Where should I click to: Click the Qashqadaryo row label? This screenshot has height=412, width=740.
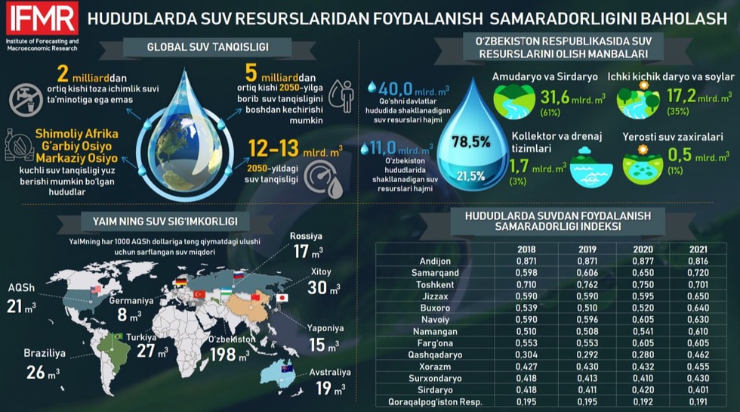click(431, 354)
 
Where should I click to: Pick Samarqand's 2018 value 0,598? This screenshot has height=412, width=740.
click(521, 272)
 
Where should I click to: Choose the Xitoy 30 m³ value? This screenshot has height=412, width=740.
click(322, 287)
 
